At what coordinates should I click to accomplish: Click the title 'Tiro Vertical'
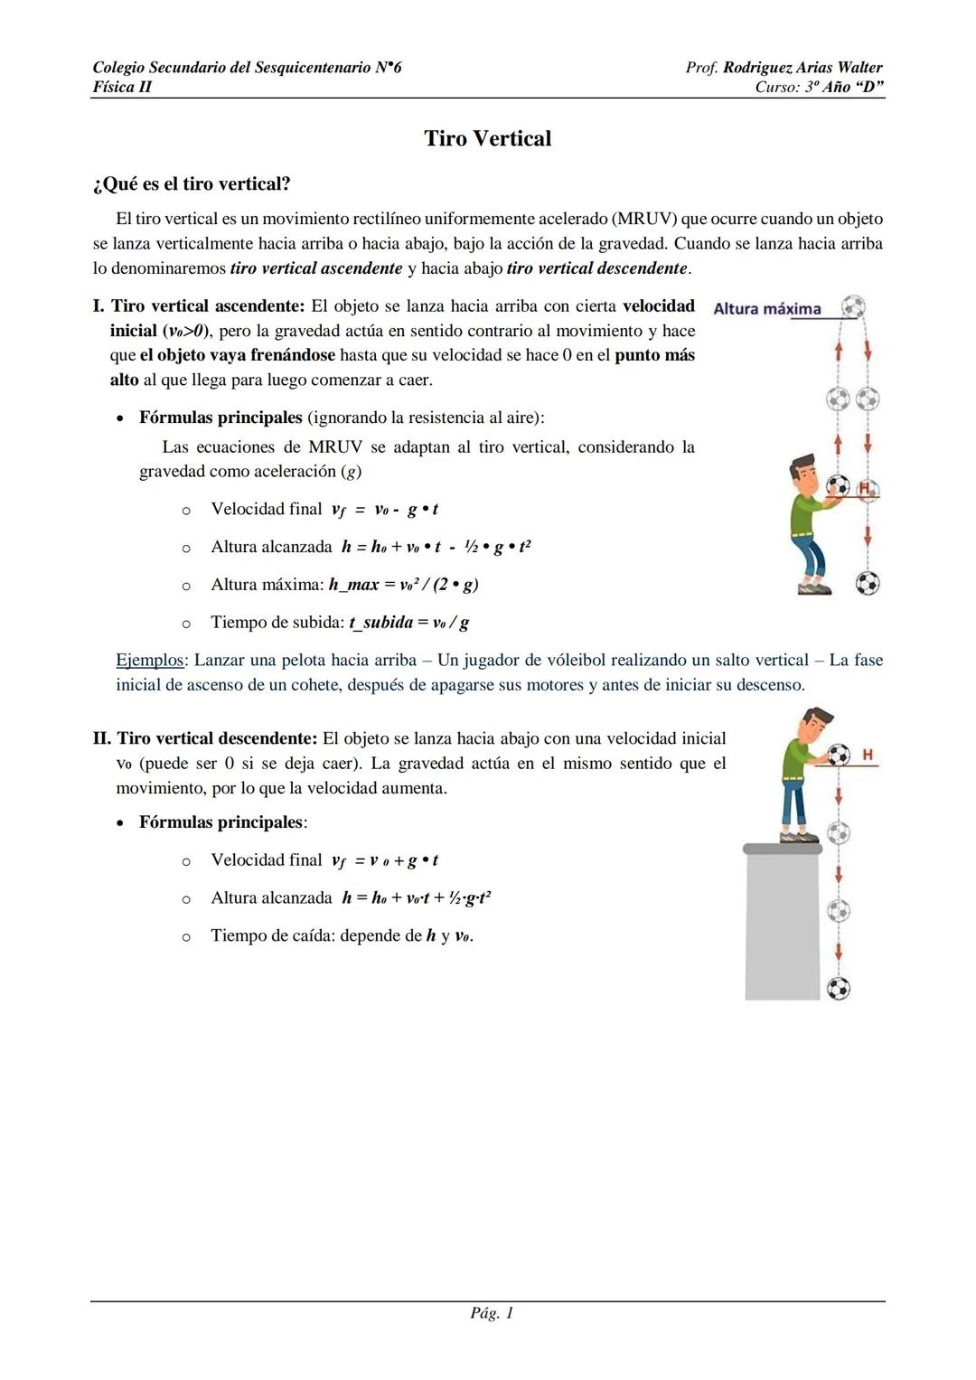click(487, 138)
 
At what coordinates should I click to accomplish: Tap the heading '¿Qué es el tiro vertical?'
click(192, 184)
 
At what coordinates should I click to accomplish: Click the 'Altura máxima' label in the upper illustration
click(766, 309)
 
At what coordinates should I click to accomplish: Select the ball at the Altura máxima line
click(852, 306)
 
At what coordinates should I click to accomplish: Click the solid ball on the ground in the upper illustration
click(868, 584)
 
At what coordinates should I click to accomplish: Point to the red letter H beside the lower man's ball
click(868, 755)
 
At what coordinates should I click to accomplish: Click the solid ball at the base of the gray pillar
click(839, 989)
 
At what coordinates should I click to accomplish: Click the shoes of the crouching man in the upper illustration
click(814, 587)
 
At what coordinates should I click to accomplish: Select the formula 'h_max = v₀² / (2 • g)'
click(403, 585)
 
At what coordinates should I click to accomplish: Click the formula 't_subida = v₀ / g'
click(408, 623)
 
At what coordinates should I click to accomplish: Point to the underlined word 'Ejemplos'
click(149, 661)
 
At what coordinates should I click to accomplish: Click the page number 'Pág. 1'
click(492, 1313)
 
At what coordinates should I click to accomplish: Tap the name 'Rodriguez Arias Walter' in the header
click(802, 68)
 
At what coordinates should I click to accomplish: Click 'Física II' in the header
click(122, 88)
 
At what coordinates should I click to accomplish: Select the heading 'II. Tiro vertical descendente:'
click(205, 739)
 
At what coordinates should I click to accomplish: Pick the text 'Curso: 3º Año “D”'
click(819, 88)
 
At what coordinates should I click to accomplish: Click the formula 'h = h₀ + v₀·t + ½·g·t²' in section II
click(417, 898)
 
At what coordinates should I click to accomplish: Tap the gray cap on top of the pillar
click(783, 849)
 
